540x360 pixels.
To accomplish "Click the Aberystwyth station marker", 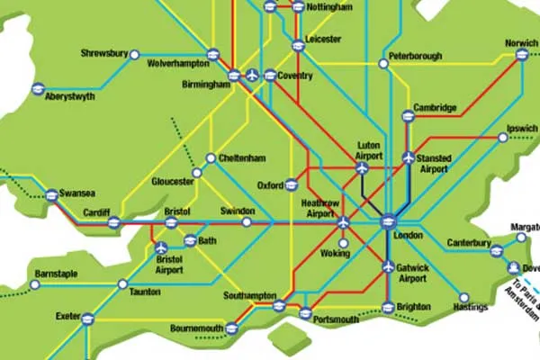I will (x=38, y=88).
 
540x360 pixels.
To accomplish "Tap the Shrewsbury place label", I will (x=104, y=53).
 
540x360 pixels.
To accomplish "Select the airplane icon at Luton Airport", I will (x=362, y=167).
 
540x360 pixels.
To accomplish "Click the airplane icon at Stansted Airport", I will (x=408, y=158).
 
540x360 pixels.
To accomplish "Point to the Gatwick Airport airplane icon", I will (x=388, y=266).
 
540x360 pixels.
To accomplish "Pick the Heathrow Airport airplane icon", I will (x=343, y=221).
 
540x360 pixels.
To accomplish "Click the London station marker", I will (x=388, y=221).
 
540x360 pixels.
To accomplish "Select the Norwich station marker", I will (x=521, y=55).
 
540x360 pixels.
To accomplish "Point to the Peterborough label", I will (x=415, y=56).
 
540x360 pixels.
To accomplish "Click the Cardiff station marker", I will (x=114, y=222).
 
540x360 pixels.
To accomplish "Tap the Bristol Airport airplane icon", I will (x=161, y=247).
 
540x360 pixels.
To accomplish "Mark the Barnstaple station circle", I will (x=35, y=284).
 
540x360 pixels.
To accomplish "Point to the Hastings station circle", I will (x=463, y=297).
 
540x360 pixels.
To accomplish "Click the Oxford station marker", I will (x=291, y=186).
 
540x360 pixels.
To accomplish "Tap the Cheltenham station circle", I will (x=211, y=158).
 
